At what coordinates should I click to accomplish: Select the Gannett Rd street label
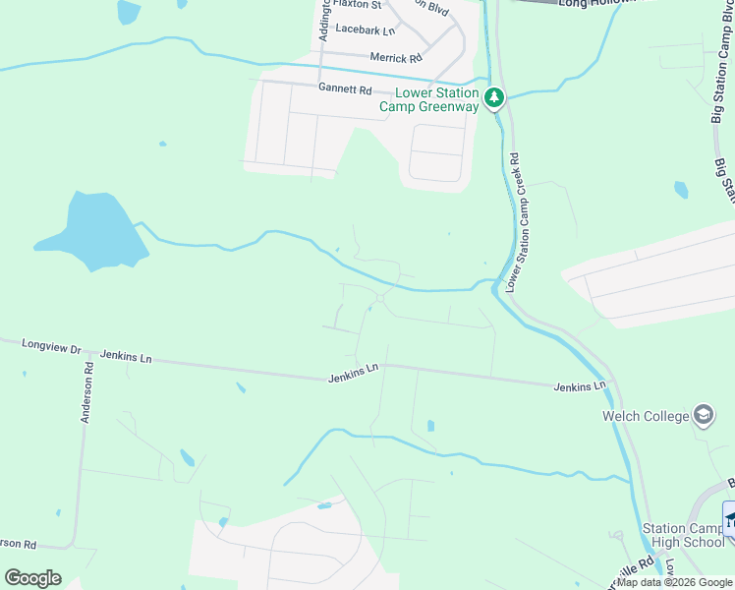point(344,89)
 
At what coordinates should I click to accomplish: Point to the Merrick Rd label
point(396,58)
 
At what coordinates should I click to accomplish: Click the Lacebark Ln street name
point(365,30)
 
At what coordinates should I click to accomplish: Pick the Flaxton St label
point(357,4)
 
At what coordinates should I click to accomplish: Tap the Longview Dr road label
point(48,346)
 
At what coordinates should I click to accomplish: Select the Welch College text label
point(646,416)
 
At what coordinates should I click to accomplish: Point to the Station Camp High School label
point(684,535)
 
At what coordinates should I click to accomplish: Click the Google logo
point(32,578)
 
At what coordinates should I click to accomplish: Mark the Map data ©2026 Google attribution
point(675,582)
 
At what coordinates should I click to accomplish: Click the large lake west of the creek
point(92,231)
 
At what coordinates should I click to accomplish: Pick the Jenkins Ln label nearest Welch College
point(579,387)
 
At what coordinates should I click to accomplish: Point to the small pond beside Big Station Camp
point(681,189)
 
